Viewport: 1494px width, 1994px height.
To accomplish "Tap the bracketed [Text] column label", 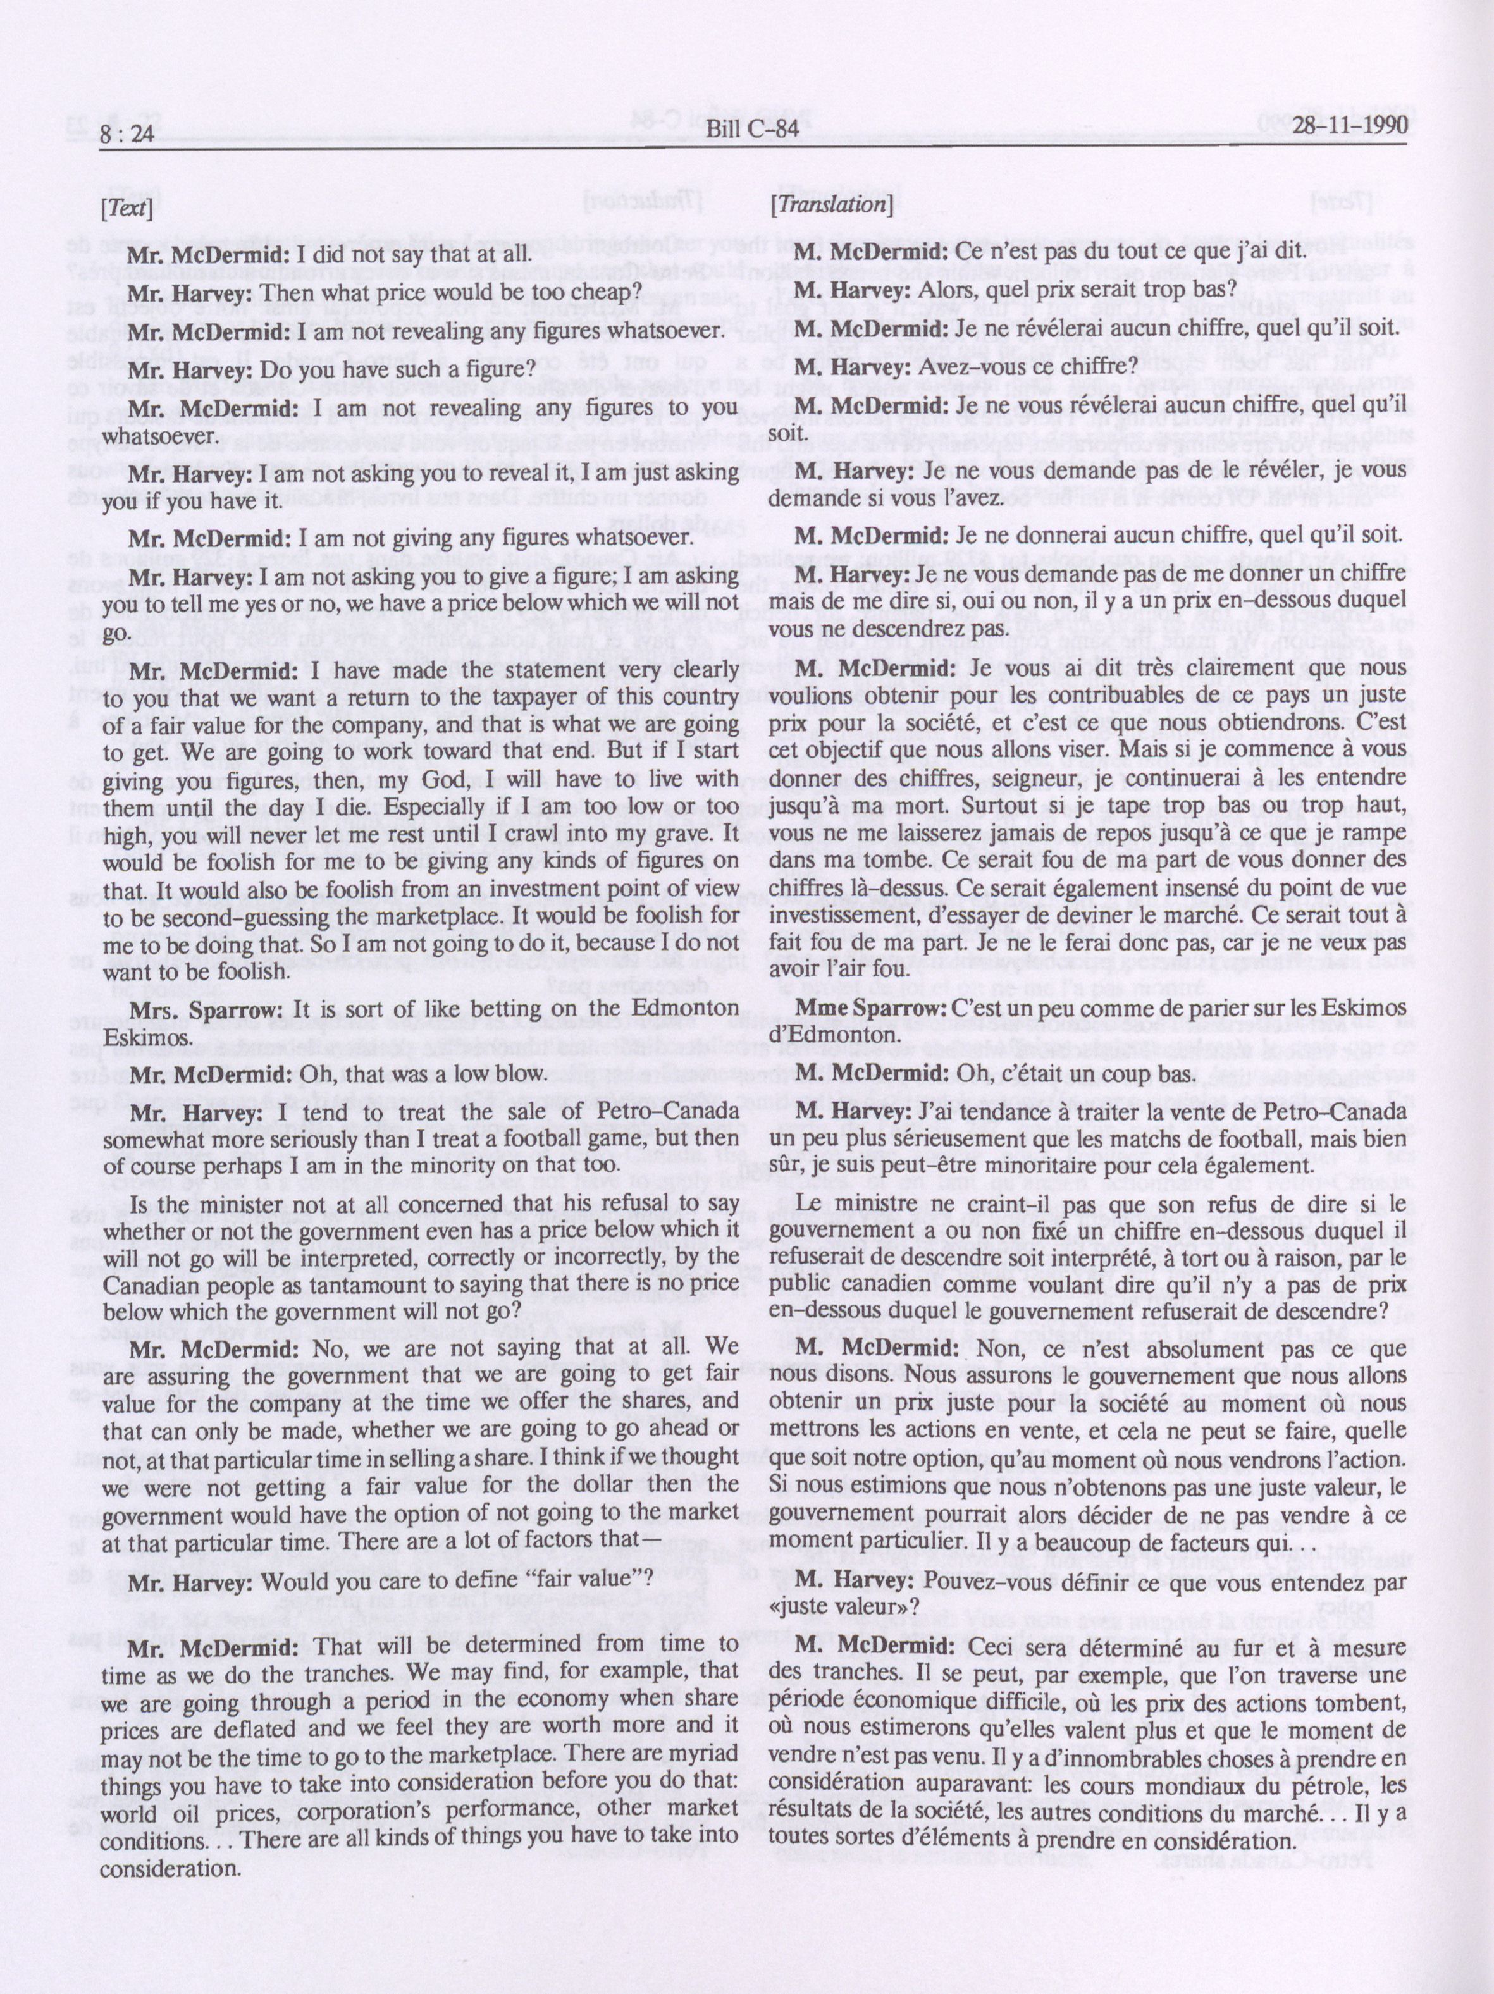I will [x=127, y=208].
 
